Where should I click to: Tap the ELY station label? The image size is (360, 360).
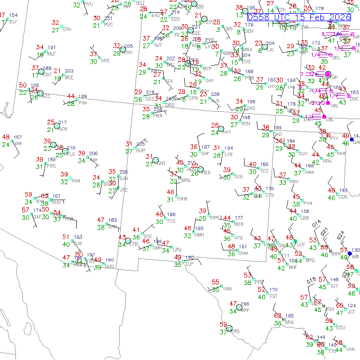point(13,22)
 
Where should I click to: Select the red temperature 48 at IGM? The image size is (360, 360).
point(6,137)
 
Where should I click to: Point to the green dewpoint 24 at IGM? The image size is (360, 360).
point(5,145)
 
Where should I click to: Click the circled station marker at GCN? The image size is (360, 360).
point(57,125)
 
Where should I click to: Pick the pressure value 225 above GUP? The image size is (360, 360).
point(141,144)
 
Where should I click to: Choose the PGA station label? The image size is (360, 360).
point(83,103)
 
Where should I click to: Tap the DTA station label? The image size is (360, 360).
point(67,29)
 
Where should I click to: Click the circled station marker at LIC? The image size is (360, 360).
point(264,46)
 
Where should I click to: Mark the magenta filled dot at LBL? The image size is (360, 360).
point(324,116)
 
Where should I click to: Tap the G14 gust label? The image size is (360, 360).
point(316,226)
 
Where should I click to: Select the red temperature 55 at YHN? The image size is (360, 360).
point(215,282)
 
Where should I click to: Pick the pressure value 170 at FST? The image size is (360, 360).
point(273,290)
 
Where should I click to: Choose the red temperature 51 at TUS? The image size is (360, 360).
point(66,237)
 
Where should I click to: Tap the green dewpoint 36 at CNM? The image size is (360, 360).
point(231,254)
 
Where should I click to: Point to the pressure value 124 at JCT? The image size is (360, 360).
point(352,305)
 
